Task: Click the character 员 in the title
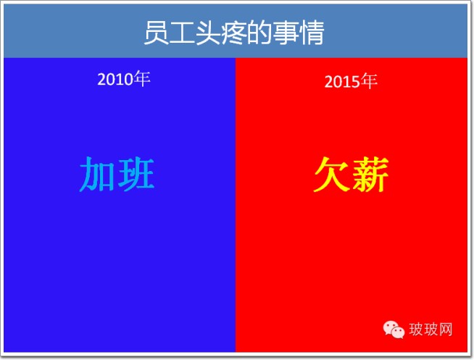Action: click(x=156, y=33)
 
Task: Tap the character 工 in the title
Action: click(x=182, y=33)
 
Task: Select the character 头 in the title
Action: click(x=208, y=33)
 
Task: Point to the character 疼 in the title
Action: click(x=233, y=33)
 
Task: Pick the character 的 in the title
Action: click(x=259, y=33)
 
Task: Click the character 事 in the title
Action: click(x=285, y=33)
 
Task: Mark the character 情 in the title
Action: click(x=311, y=33)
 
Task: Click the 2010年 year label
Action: click(x=124, y=79)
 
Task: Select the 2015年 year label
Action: click(x=351, y=81)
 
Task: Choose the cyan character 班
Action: click(x=136, y=175)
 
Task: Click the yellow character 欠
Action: click(x=331, y=175)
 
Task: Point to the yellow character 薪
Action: click(x=370, y=175)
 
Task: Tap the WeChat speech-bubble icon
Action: click(x=394, y=330)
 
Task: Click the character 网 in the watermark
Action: click(x=446, y=329)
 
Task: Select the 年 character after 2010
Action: click(x=142, y=78)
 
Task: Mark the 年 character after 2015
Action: click(x=369, y=80)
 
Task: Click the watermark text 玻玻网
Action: click(x=431, y=329)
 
